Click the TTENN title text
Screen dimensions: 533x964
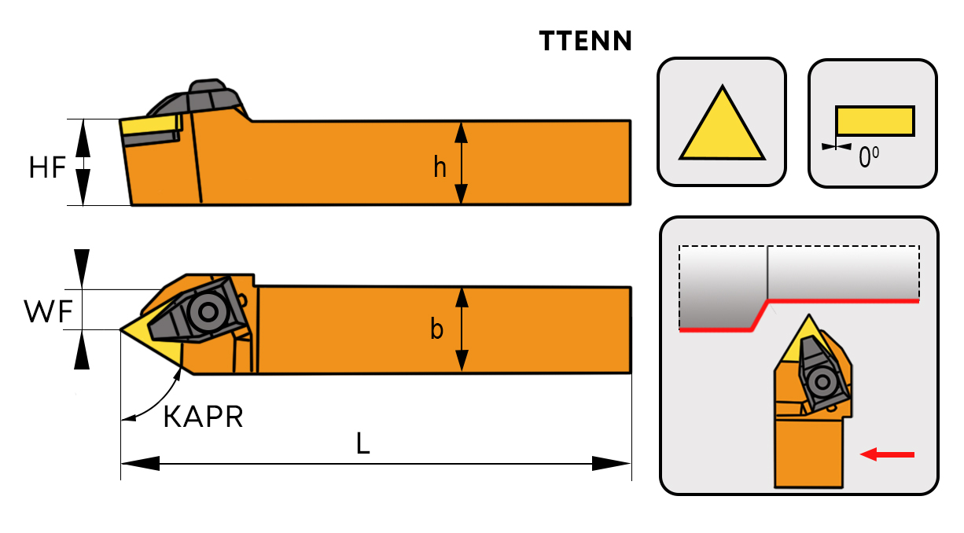[586, 41]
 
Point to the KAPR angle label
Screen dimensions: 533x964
[203, 417]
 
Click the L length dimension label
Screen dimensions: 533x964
[362, 444]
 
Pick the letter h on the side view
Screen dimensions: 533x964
[440, 166]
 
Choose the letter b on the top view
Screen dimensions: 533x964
[437, 329]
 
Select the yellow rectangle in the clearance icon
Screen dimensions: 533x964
[874, 120]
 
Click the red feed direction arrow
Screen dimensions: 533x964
[888, 454]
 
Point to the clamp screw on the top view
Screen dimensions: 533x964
[208, 312]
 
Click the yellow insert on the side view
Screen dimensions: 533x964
[149, 126]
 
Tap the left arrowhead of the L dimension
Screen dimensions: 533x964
[141, 463]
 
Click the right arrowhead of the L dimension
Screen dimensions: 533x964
[612, 463]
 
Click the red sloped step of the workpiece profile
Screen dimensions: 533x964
[759, 315]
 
